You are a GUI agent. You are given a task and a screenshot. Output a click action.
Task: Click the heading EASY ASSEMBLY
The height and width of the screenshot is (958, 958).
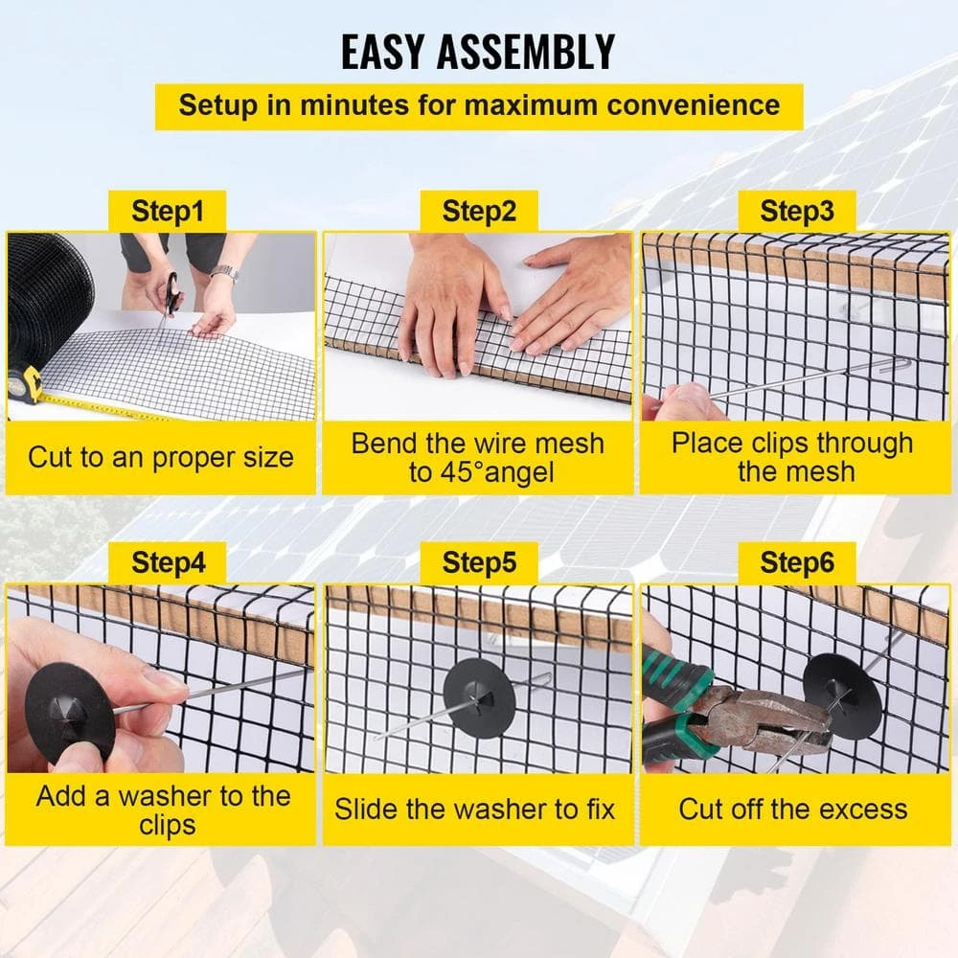tap(478, 53)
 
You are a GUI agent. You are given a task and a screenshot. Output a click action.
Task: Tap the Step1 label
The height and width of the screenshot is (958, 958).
tap(168, 211)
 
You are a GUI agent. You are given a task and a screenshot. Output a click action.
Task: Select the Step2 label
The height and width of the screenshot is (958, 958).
tap(479, 211)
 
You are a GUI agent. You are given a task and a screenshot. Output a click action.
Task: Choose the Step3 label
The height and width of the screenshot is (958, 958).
tap(796, 211)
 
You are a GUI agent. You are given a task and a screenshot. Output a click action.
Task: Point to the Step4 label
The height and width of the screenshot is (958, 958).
tap(168, 562)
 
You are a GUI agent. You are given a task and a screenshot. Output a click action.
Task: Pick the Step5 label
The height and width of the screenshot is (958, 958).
tap(479, 562)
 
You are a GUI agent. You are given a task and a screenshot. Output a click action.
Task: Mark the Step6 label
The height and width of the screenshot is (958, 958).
tap(796, 562)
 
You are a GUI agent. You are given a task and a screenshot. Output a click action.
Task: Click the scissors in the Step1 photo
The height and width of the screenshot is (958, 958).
tap(171, 292)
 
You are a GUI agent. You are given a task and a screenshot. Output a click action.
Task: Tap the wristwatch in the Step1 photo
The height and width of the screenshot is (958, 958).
tap(224, 274)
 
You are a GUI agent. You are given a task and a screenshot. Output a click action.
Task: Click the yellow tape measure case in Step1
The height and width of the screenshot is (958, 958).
tap(26, 383)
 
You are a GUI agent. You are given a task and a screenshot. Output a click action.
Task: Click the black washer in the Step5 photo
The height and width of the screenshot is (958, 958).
tap(479, 697)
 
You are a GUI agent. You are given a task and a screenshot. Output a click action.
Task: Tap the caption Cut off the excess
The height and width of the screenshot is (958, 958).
tap(792, 809)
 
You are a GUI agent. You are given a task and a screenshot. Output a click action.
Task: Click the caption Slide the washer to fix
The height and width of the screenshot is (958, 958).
tap(474, 809)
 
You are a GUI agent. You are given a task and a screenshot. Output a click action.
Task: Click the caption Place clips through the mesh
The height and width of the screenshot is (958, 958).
tap(792, 457)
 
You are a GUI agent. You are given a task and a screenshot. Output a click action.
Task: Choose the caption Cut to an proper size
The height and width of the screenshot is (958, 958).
tap(160, 457)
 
